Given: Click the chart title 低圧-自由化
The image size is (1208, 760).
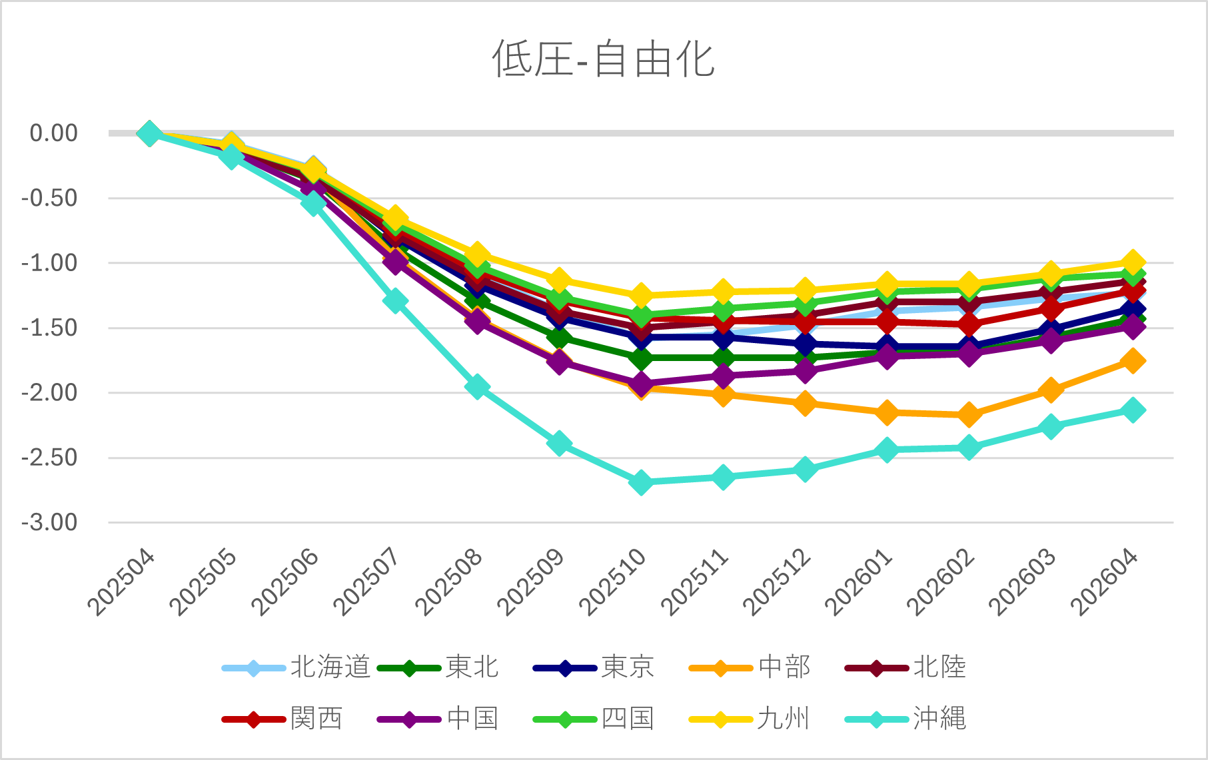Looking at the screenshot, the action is pos(603,59).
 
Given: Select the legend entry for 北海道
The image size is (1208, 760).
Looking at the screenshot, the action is pos(297,667).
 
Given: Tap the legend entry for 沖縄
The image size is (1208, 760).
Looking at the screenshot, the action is pos(906,719).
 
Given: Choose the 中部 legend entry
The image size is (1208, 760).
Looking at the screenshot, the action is pos(750,667).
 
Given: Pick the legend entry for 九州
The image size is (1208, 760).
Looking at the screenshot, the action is pos(750,719).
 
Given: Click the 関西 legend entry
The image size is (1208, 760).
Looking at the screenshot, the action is pos(283,719).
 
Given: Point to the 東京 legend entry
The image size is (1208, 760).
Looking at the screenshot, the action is pos(594,667).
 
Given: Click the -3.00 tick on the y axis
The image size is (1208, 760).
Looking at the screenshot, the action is pos(49,523).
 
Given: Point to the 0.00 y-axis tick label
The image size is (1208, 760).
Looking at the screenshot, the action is pos(54,133).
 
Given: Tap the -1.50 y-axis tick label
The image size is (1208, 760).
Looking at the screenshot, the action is pos(49,328).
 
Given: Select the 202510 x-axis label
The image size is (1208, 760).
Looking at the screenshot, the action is pos(613,581).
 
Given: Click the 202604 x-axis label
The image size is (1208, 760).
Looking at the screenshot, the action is pos(1105,581).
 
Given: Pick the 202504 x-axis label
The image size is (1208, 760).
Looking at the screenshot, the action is pos(121,581).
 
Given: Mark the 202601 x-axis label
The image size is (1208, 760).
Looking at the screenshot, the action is pos(859,581).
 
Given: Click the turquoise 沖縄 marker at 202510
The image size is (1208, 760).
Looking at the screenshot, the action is pos(641,482).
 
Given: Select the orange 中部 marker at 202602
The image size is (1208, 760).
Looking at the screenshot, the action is pos(969,415).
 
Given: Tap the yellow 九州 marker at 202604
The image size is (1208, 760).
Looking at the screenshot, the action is pos(1133,262).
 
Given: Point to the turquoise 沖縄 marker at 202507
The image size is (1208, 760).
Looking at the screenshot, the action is pos(395,301).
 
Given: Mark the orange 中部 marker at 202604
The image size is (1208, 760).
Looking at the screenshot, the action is pos(1133,361).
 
